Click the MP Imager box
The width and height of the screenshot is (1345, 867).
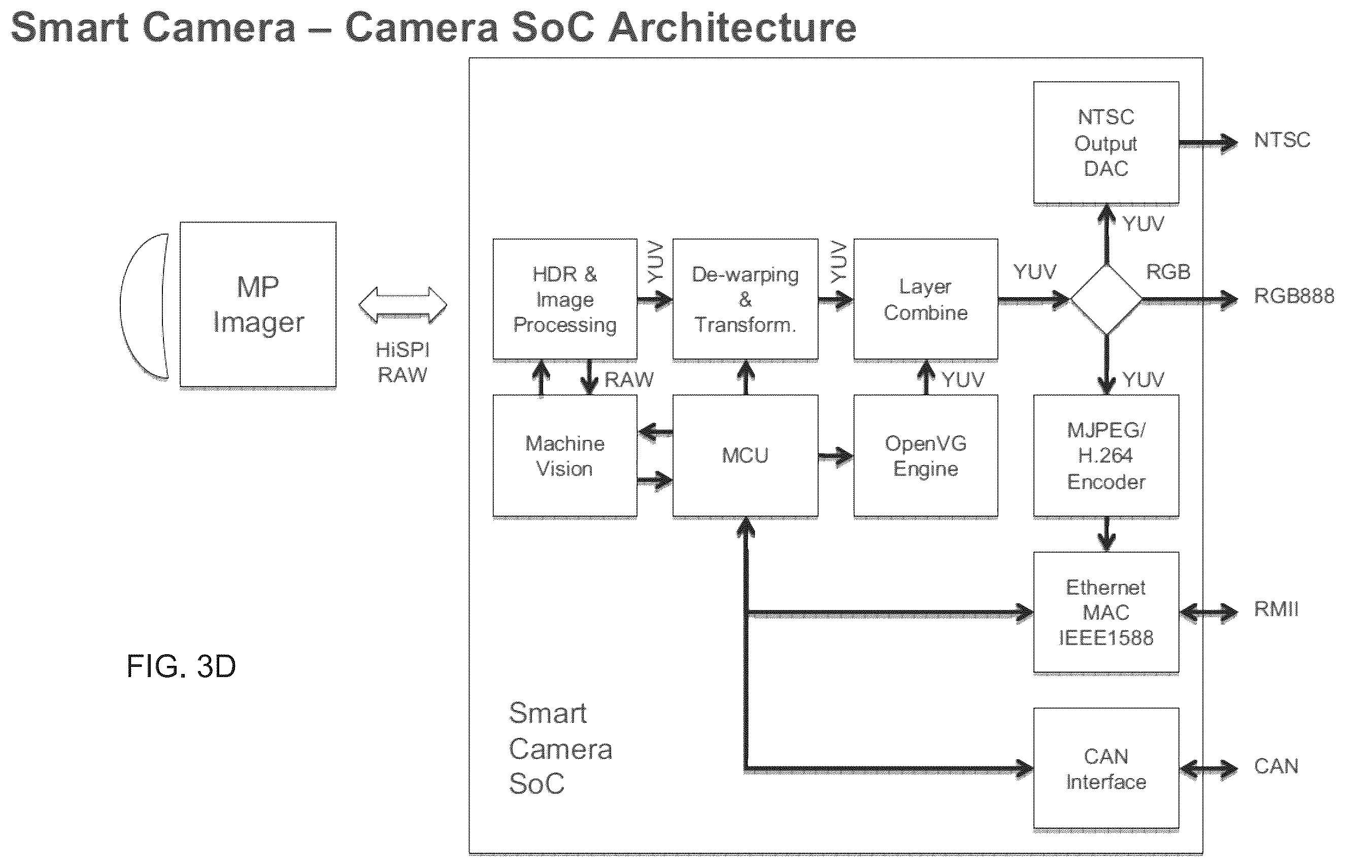click(x=258, y=305)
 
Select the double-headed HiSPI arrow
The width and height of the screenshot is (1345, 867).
click(x=403, y=305)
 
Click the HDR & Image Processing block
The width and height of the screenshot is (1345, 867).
click(x=565, y=299)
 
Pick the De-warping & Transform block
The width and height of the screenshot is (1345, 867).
click(x=746, y=299)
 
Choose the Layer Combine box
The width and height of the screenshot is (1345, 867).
click(x=926, y=299)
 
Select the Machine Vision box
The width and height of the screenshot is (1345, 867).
click(x=565, y=456)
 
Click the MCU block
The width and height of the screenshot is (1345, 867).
click(x=746, y=456)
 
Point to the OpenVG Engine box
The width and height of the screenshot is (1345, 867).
click(x=926, y=456)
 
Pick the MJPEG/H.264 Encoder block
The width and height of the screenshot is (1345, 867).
click(x=1106, y=456)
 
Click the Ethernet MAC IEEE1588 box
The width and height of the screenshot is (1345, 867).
click(x=1106, y=612)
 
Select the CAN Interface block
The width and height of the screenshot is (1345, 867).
click(x=1106, y=769)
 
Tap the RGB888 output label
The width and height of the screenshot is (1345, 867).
click(x=1294, y=296)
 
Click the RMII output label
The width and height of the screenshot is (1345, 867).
click(x=1276, y=609)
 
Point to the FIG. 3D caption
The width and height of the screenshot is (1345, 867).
click(x=181, y=666)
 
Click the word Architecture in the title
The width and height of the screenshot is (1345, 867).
click(x=733, y=27)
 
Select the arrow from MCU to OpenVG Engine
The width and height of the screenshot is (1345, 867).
click(x=836, y=457)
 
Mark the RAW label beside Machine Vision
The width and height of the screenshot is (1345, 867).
click(x=629, y=379)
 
